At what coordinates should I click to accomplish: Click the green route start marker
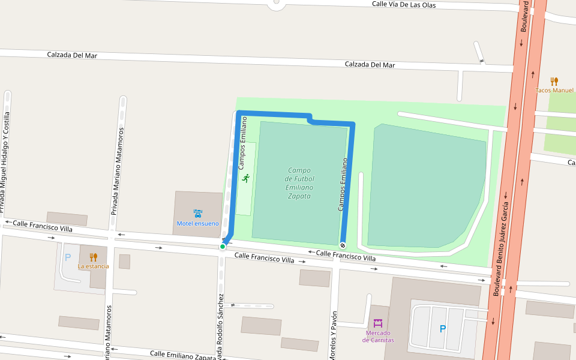(x=222, y=247)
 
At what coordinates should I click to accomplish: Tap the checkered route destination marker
(x=343, y=245)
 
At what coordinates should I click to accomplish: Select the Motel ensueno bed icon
(x=198, y=213)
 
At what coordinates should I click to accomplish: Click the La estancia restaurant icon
(x=93, y=257)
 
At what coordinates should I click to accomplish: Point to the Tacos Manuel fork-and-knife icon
(x=554, y=82)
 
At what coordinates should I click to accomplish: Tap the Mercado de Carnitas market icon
(x=378, y=323)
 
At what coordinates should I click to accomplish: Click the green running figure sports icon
(x=245, y=178)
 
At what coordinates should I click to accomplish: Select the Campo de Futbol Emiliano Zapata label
(x=299, y=183)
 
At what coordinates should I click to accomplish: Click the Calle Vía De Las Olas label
(x=403, y=4)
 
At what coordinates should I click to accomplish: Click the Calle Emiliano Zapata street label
(x=182, y=356)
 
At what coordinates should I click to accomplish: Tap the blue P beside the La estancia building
(x=68, y=257)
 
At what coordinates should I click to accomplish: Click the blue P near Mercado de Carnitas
(x=443, y=329)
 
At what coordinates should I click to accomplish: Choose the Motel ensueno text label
(x=198, y=224)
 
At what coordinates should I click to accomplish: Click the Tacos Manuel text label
(x=554, y=91)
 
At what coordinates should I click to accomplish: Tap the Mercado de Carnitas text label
(x=378, y=336)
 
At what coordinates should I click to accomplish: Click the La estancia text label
(x=93, y=266)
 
